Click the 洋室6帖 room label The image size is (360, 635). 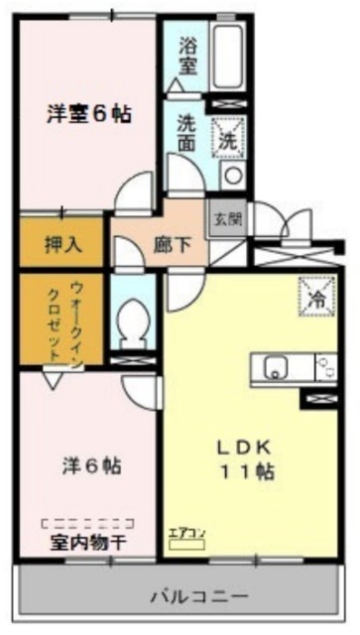point(88,113)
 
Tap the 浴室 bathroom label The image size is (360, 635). point(188,56)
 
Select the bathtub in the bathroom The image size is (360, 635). point(227,58)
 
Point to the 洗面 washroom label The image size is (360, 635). point(186,134)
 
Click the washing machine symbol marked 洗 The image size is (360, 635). point(229,136)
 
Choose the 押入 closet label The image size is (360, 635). point(62,244)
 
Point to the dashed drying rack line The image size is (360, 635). point(87,521)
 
